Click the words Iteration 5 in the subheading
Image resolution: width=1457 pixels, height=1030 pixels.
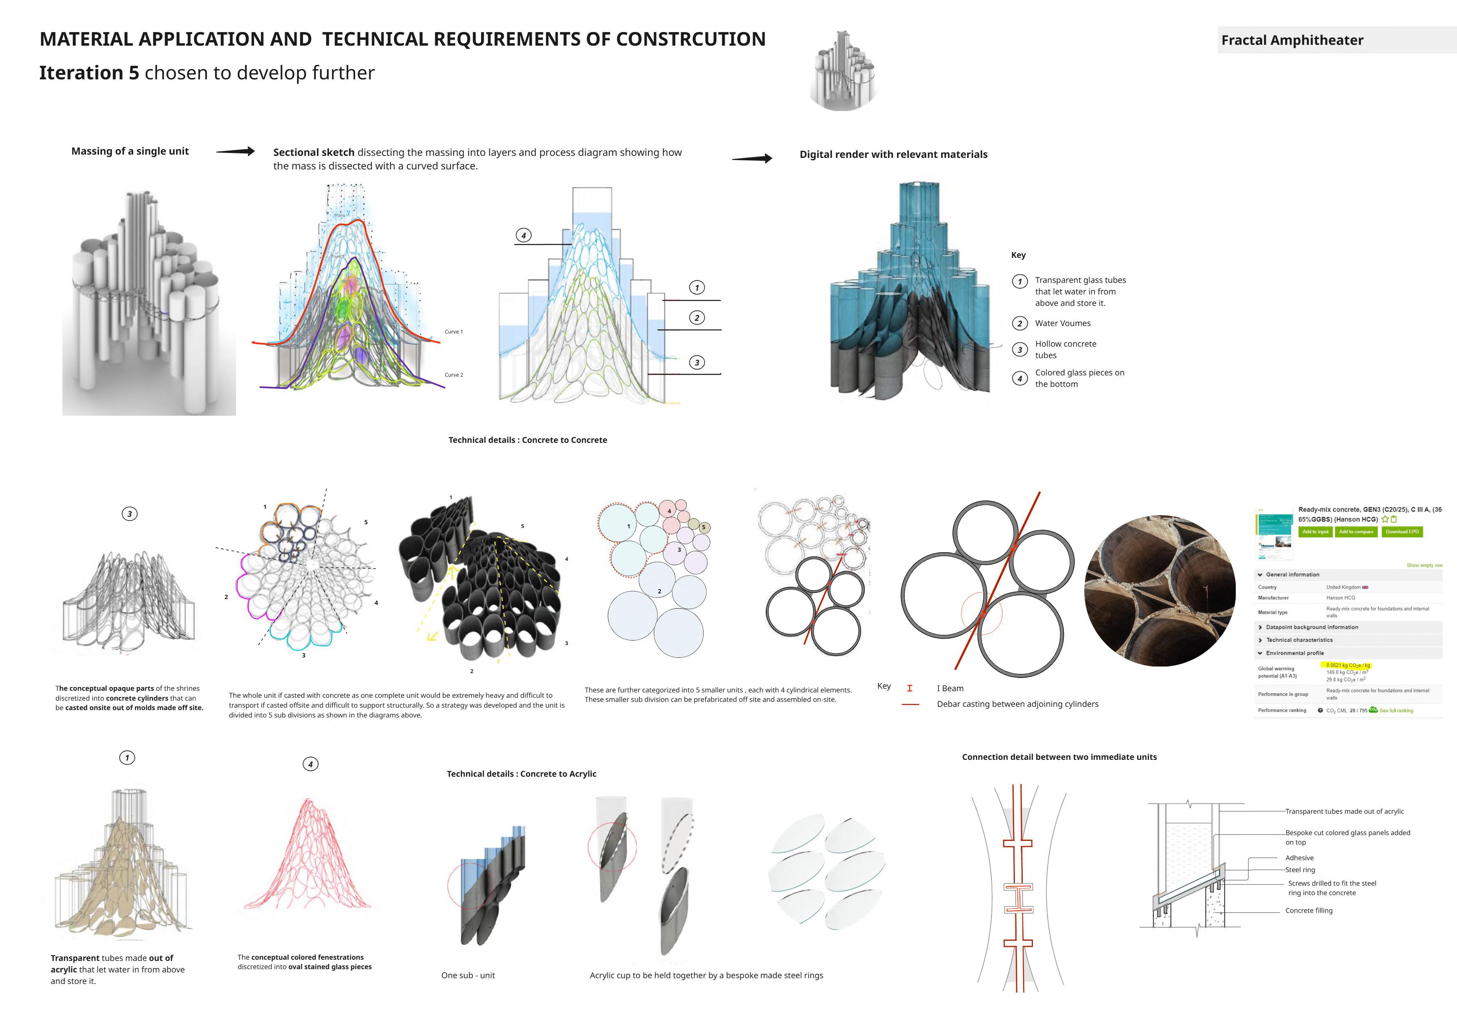click(x=89, y=73)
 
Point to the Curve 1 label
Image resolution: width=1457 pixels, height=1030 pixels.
click(x=454, y=332)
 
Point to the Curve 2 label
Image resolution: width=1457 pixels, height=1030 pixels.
click(x=454, y=375)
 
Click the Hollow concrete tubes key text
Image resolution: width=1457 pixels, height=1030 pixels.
click(x=1066, y=350)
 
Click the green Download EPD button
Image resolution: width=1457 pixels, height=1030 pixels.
click(x=1402, y=532)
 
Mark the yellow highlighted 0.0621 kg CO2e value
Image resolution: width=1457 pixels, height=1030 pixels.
click(x=1348, y=665)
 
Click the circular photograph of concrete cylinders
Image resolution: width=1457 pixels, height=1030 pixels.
click(x=1159, y=591)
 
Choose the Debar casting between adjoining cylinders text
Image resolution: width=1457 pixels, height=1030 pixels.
click(x=1017, y=704)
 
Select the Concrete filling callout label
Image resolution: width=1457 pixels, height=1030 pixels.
click(x=1309, y=911)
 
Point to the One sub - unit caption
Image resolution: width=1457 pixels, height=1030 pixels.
click(x=468, y=975)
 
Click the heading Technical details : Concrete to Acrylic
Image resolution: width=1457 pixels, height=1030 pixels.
click(x=521, y=774)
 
